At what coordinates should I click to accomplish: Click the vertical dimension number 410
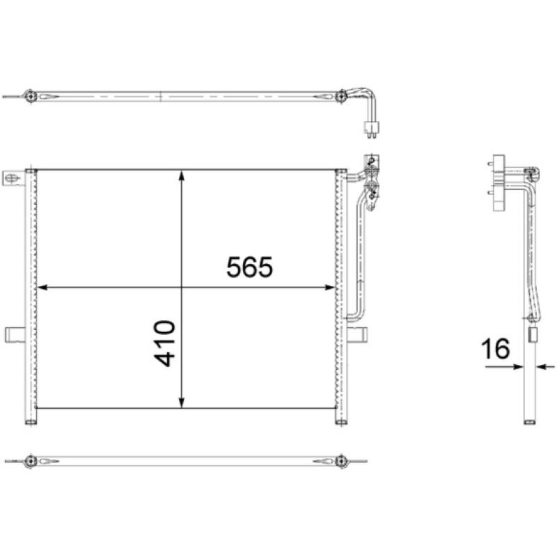(x=165, y=343)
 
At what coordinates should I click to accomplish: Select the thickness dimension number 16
(x=496, y=348)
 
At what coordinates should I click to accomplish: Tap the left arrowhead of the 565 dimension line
(x=42, y=286)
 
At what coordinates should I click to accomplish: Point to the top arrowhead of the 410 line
(x=182, y=176)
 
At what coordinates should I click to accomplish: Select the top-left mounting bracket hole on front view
(x=12, y=179)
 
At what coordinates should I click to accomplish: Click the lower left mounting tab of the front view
(x=15, y=335)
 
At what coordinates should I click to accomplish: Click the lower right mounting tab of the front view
(x=357, y=335)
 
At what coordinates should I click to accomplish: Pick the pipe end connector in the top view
(x=372, y=128)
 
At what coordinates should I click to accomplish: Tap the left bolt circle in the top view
(x=30, y=96)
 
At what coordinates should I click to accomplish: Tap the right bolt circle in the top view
(x=340, y=96)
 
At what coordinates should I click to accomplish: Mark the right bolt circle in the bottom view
(x=340, y=461)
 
